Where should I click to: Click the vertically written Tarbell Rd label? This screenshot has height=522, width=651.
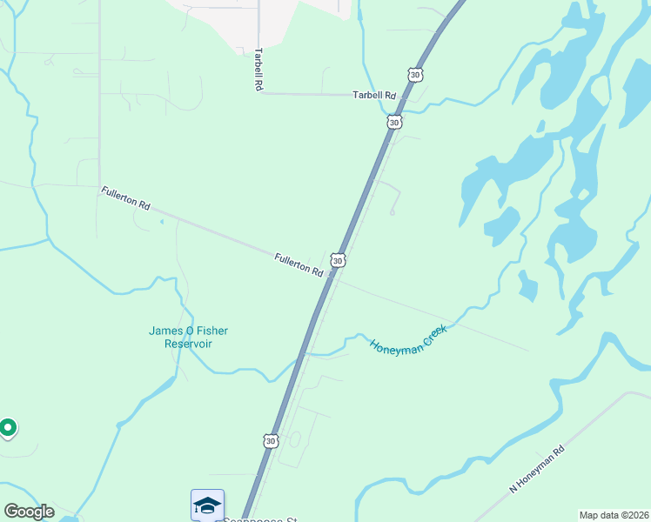pyautogui.click(x=258, y=69)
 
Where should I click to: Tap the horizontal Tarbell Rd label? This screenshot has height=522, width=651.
pyautogui.click(x=374, y=95)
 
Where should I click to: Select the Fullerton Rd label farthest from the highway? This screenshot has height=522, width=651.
pyautogui.click(x=125, y=198)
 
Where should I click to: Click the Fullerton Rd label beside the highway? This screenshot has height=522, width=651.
pyautogui.click(x=299, y=264)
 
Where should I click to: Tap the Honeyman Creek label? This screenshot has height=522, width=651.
pyautogui.click(x=408, y=339)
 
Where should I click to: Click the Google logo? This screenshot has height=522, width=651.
pyautogui.click(x=29, y=512)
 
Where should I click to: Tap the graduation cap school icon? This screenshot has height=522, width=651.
pyautogui.click(x=207, y=505)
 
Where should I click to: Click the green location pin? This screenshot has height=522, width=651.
pyautogui.click(x=8, y=428)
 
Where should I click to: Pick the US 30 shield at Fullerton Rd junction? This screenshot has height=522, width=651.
pyautogui.click(x=338, y=260)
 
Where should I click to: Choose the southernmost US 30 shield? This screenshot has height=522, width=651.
pyautogui.click(x=271, y=441)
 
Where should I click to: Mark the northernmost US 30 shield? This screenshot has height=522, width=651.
pyautogui.click(x=416, y=76)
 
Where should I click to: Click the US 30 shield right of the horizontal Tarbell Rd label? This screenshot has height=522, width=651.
pyautogui.click(x=394, y=123)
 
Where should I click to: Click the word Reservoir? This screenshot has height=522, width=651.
pyautogui.click(x=189, y=344)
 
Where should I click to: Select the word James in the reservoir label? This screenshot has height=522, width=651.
pyautogui.click(x=165, y=331)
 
